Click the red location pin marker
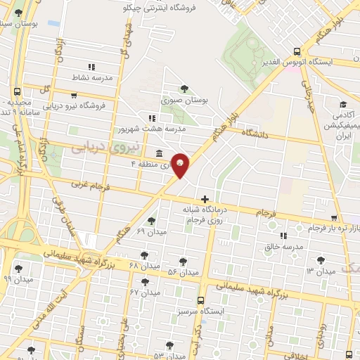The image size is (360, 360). [x=181, y=165]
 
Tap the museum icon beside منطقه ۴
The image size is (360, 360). [x=158, y=153]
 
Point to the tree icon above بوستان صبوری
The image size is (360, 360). [x=184, y=89]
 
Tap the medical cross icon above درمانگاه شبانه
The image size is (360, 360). [x=205, y=200]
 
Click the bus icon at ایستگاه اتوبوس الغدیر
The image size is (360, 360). [x=297, y=51]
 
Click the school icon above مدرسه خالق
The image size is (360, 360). [x=284, y=236]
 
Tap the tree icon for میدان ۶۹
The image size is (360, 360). [x=151, y=221]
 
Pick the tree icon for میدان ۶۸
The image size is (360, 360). [x=144, y=255]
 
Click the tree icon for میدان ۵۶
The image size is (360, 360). [x=184, y=261]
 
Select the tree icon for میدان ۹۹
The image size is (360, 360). [x=18, y=268]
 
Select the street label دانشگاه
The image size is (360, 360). [x=256, y=131]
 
